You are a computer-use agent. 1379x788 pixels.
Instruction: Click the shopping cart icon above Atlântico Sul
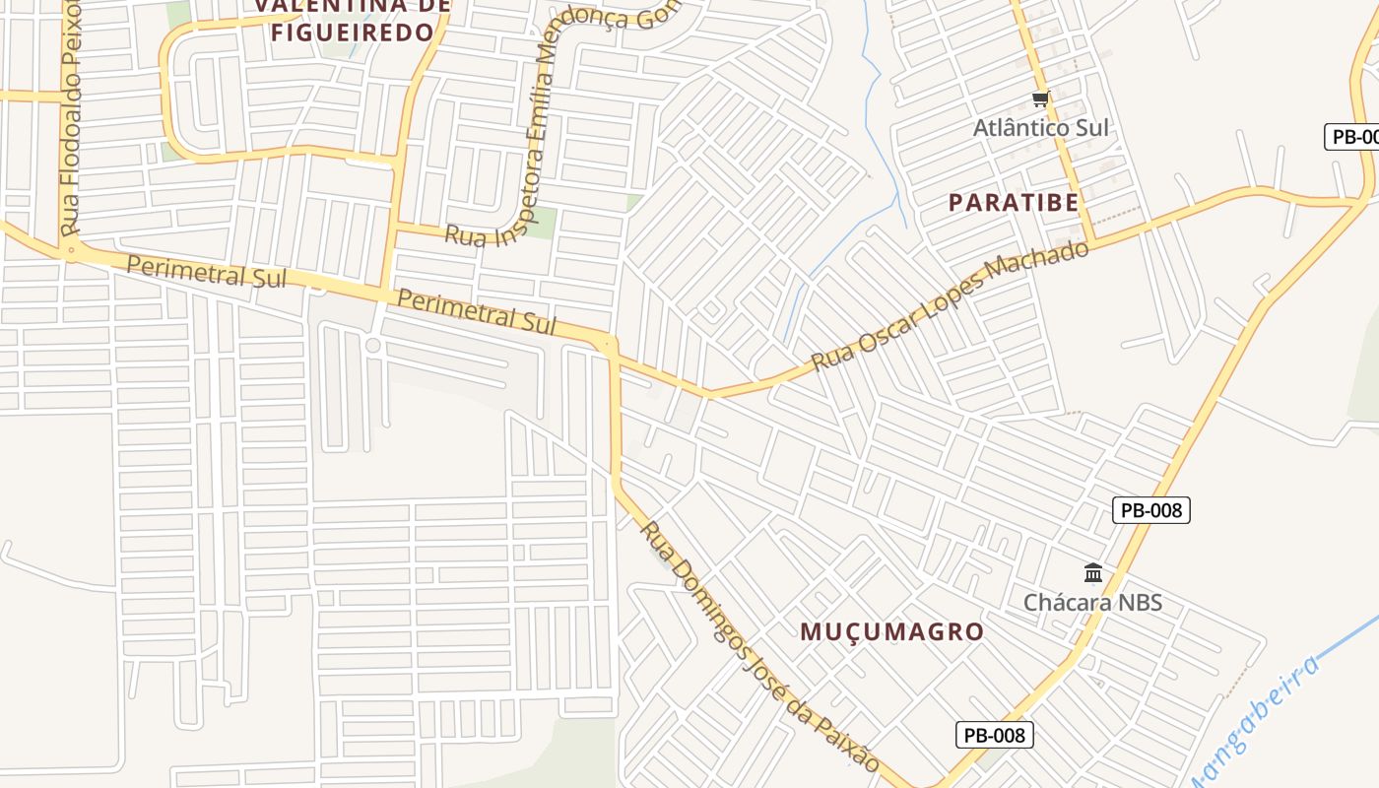1040,98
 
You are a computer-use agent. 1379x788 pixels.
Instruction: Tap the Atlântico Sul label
1040,128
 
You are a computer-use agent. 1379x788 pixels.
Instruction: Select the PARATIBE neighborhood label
1014,203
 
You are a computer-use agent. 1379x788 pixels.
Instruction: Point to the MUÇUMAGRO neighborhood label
891,631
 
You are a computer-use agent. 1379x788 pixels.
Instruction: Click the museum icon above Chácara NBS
1092,573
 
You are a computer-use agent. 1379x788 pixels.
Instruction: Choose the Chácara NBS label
1092,603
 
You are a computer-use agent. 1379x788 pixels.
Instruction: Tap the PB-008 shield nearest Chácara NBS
1151,510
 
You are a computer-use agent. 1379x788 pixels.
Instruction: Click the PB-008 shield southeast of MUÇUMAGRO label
994,735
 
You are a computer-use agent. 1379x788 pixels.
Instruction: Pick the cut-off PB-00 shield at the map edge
1353,137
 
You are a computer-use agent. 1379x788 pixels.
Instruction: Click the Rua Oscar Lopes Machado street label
951,306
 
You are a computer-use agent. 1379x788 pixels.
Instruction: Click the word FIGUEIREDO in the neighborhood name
352,33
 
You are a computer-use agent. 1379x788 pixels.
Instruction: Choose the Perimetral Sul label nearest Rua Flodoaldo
206,273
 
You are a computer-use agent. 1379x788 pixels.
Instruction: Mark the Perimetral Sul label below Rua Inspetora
476,310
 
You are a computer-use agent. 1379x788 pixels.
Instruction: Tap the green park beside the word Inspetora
540,222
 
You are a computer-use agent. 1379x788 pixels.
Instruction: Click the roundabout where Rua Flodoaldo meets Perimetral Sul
70,251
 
